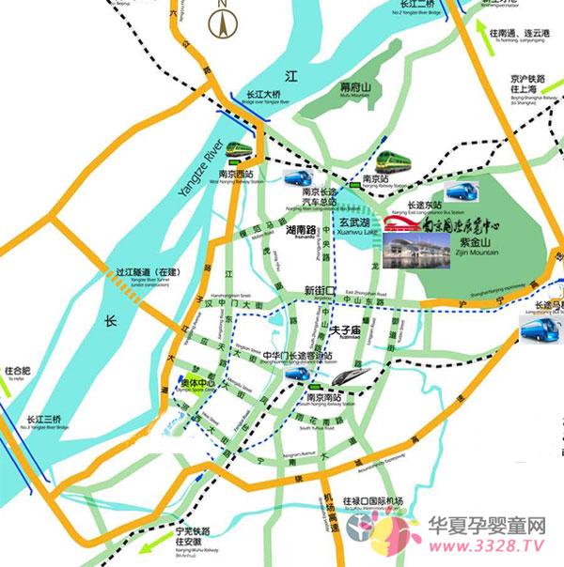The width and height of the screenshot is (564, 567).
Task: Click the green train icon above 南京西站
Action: click(239, 150)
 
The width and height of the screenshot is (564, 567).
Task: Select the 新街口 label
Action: click(320, 291)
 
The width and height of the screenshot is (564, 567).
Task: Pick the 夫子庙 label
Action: click(348, 329)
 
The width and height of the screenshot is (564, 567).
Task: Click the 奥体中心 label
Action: click(196, 384)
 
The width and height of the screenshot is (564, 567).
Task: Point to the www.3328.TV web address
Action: click(480, 543)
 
